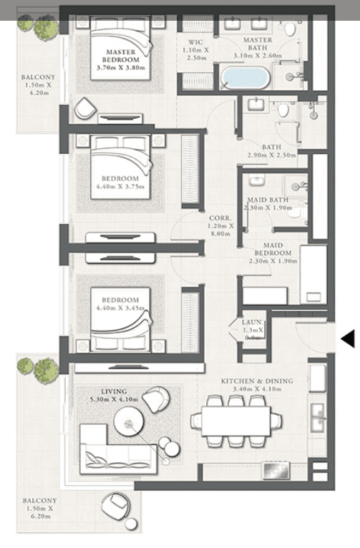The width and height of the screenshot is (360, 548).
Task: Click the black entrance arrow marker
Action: (x=347, y=338)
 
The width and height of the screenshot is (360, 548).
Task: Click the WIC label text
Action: (x=195, y=42)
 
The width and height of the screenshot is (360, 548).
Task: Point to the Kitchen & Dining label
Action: (x=256, y=381)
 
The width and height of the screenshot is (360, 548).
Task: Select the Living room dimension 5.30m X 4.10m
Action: (x=115, y=400)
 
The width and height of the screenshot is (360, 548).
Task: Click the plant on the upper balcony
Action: (x=37, y=26)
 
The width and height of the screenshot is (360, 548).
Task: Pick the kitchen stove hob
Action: (x=276, y=470)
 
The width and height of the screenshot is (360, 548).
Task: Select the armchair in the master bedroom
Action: (x=84, y=109)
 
